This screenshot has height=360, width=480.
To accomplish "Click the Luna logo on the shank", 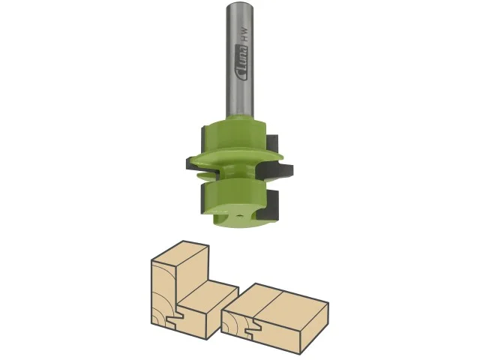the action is coord(241,63).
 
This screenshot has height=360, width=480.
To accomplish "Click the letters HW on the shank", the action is coord(244,35).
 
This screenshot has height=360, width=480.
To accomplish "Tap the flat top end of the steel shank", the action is coord(239,4).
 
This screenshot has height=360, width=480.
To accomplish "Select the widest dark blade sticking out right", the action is coord(275,171).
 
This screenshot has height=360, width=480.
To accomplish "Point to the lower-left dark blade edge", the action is coord(202,199).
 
